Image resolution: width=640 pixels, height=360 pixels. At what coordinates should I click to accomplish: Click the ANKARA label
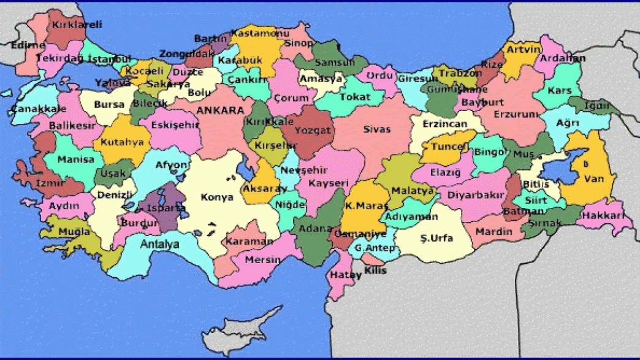point(220,110)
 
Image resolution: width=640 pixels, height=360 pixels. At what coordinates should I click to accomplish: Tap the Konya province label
point(218,197)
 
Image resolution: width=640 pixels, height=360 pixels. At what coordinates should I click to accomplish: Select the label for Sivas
point(376,129)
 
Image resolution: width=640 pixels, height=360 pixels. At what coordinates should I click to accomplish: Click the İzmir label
point(49,183)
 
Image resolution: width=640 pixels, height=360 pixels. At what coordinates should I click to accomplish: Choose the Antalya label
point(160,244)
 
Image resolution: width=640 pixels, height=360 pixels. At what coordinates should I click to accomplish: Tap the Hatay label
point(346,275)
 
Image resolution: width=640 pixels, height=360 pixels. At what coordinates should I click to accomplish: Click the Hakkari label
point(603,216)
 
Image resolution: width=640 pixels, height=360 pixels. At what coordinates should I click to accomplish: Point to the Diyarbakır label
point(476,195)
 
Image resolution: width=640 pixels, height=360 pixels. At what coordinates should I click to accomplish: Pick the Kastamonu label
point(261,32)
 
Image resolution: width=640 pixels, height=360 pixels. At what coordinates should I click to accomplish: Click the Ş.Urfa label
point(436,238)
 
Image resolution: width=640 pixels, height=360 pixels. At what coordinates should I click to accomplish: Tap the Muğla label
point(74,232)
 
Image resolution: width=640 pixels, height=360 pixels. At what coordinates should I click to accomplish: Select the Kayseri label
point(329,183)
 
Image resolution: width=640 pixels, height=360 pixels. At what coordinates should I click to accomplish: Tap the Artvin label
point(524,49)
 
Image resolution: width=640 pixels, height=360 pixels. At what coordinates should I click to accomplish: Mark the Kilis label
point(375,270)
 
